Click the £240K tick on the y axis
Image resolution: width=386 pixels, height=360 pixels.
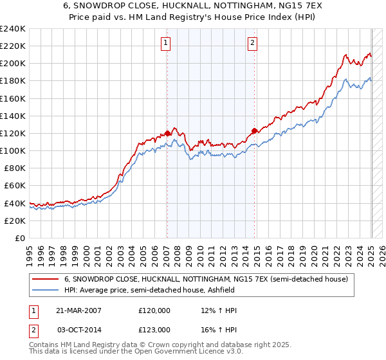13,29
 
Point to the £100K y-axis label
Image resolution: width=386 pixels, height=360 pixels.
13,150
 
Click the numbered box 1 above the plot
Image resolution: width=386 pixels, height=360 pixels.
165,43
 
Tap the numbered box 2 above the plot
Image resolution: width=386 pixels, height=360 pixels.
252,43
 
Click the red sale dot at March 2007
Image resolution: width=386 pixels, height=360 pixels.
168,133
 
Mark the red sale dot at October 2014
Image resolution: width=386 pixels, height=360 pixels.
254,130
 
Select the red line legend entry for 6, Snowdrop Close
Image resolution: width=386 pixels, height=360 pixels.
206,279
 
